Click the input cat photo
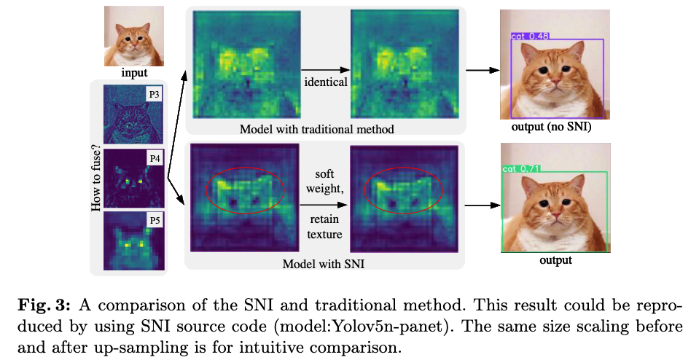pyautogui.click(x=133, y=37)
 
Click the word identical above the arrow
pyautogui.click(x=325, y=82)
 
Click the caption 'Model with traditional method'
pyautogui.click(x=316, y=129)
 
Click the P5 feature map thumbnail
pyautogui.click(x=135, y=240)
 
